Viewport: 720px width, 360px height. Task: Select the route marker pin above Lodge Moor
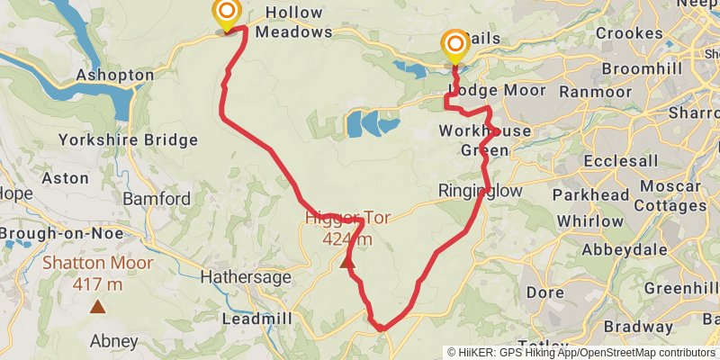click(x=455, y=45)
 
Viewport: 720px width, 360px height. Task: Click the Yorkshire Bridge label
click(x=128, y=139)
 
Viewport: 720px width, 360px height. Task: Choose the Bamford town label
click(x=157, y=198)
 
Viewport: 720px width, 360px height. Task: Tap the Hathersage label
click(x=247, y=277)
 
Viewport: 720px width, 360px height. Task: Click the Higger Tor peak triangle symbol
click(x=347, y=263)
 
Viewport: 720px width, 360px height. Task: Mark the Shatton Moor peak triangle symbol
click(x=96, y=306)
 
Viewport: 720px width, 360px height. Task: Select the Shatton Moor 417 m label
click(x=97, y=274)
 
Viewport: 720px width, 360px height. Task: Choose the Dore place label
click(x=545, y=292)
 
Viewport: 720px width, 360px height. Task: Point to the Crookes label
click(x=629, y=34)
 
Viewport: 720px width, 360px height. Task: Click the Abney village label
click(x=114, y=341)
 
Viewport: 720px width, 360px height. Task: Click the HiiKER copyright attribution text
click(x=581, y=353)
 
